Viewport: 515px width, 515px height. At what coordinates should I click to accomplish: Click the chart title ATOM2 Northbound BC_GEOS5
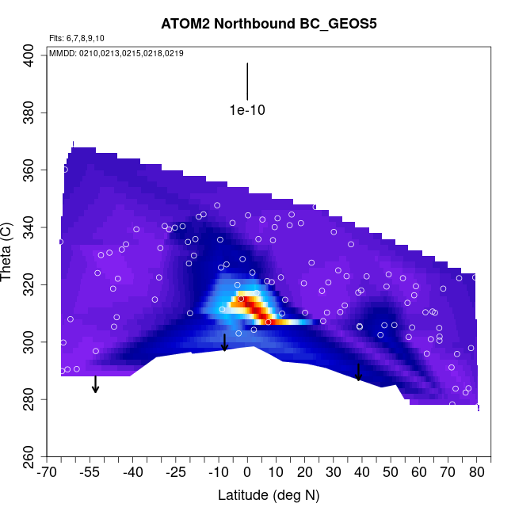pyautogui.click(x=269, y=23)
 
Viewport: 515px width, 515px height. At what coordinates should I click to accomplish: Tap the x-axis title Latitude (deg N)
pyautogui.click(x=269, y=496)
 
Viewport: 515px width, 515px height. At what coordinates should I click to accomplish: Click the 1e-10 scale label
pyautogui.click(x=247, y=110)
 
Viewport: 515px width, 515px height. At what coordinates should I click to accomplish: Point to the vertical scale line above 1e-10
pyautogui.click(x=247, y=82)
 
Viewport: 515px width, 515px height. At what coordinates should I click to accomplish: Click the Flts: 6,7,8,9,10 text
pyautogui.click(x=77, y=38)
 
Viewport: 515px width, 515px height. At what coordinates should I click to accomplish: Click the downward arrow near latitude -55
pyautogui.click(x=95, y=384)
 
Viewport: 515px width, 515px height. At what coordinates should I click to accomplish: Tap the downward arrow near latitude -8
pyautogui.click(x=224, y=342)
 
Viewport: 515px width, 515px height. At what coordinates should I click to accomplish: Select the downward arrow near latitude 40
pyautogui.click(x=359, y=372)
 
